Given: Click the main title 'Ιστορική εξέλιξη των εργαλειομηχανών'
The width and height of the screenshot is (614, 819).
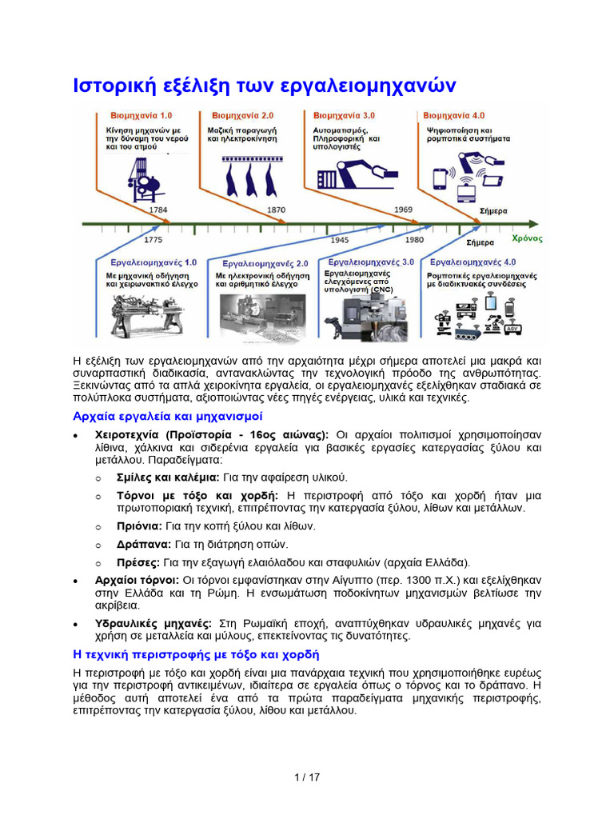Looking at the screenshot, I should (264, 85).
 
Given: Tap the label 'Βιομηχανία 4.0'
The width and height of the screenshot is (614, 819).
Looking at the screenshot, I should (453, 115).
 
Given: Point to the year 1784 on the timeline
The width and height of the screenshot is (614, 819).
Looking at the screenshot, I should (159, 210).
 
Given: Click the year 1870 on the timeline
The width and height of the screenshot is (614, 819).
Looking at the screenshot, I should (276, 210).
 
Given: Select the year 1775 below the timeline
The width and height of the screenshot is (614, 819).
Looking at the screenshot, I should (153, 239).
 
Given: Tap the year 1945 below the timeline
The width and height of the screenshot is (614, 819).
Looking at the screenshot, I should (340, 239).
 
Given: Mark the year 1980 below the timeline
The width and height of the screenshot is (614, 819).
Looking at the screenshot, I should (414, 239).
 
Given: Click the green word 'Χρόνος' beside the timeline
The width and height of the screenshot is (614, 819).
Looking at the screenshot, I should (527, 238).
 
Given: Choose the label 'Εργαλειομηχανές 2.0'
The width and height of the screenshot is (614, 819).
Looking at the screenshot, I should (265, 263).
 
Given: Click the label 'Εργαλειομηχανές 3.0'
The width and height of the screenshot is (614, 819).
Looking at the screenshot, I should (371, 262).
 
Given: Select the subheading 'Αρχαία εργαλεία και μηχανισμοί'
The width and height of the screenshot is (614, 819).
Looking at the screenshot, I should (167, 417).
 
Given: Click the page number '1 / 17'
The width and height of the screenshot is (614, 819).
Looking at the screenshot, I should (307, 777).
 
